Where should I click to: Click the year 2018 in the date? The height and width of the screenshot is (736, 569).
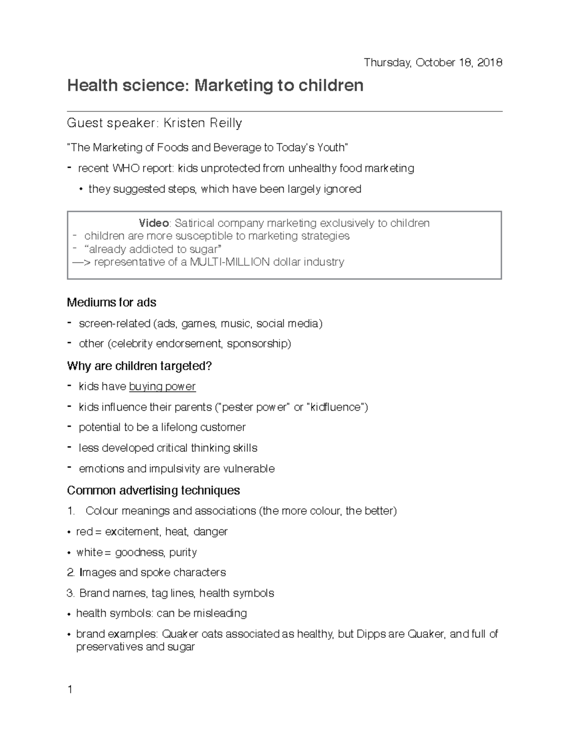(490, 63)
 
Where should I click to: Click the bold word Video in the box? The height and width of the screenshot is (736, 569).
(154, 223)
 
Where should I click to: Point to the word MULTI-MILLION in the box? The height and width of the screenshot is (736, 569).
(229, 262)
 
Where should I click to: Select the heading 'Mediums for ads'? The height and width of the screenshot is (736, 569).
(111, 302)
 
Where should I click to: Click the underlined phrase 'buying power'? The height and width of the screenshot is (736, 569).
(162, 387)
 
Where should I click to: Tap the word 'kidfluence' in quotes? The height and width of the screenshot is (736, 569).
(338, 407)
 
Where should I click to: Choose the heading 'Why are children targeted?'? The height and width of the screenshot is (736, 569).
(139, 366)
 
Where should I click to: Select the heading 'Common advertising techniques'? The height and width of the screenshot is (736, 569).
(154, 490)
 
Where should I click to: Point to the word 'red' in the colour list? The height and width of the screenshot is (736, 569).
(84, 532)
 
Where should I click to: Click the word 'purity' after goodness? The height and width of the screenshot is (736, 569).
(183, 552)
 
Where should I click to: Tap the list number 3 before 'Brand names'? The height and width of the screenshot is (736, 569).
(71, 593)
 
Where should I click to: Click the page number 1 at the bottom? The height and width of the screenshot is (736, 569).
(70, 690)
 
